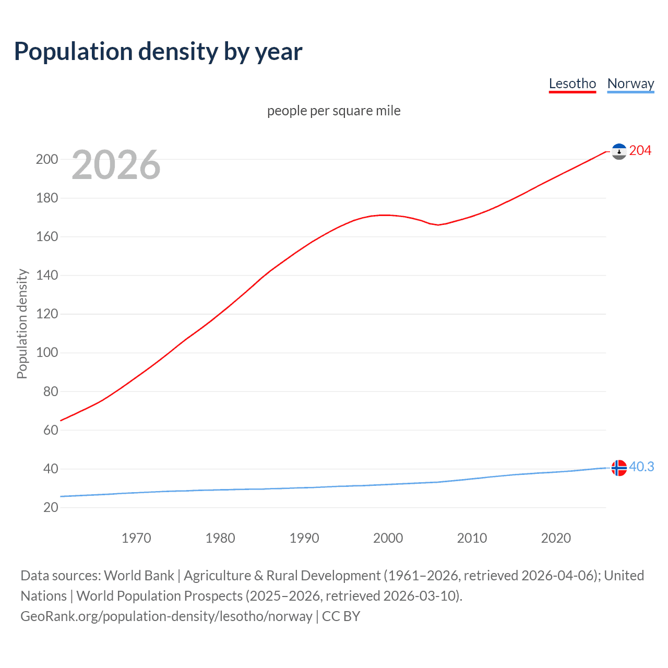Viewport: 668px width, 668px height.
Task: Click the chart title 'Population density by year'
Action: tap(158, 52)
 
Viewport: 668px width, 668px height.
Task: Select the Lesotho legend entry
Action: tap(572, 83)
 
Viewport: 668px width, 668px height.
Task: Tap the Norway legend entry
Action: tap(630, 83)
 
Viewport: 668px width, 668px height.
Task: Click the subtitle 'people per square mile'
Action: tap(333, 111)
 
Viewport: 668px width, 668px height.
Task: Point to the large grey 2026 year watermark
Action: tap(116, 165)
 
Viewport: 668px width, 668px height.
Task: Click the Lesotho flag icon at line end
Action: tap(619, 151)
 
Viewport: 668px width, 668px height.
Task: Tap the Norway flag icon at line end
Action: tap(619, 468)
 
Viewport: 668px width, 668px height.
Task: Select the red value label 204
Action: tap(640, 151)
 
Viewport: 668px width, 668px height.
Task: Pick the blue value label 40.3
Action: tap(641, 467)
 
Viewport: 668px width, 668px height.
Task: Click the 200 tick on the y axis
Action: tap(47, 160)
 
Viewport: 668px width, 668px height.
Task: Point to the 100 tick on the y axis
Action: tap(47, 353)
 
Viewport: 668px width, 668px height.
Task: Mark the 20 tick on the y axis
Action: tap(51, 507)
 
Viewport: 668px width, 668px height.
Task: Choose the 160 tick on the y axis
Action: tap(47, 237)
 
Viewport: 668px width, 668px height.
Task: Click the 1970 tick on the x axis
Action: tap(136, 538)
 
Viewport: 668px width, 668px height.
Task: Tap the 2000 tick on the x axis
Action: tap(388, 538)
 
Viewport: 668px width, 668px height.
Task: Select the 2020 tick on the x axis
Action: tap(556, 538)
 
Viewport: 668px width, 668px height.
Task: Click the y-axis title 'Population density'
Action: tap(22, 324)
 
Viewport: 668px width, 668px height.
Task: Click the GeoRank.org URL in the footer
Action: tap(166, 616)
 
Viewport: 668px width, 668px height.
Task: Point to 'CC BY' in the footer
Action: tap(341, 616)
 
